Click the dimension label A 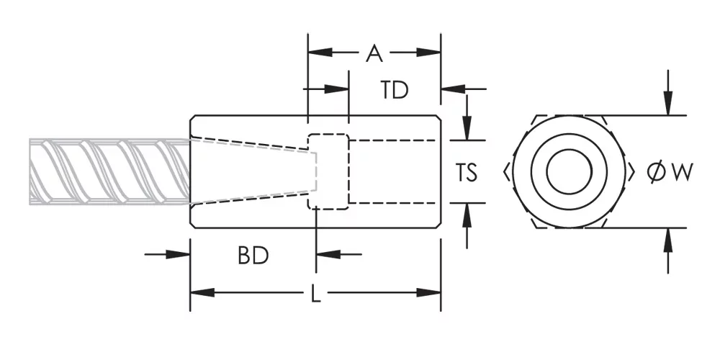pos(374,53)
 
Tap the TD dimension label pos(395,90)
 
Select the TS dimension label pos(466,173)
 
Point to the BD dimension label pos(253,256)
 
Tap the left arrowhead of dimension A pos(320,53)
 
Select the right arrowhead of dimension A pos(428,53)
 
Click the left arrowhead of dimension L pos(202,292)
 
